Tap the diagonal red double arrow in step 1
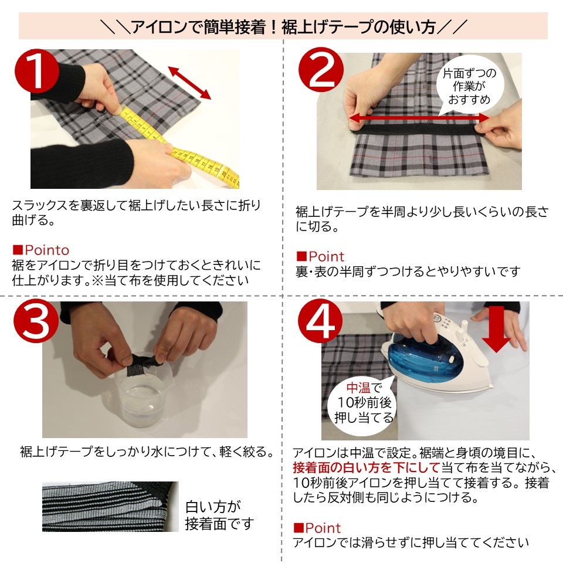pyautogui.click(x=189, y=83)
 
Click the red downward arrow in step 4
pyautogui.click(x=498, y=331)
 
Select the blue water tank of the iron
pyautogui.click(x=419, y=355)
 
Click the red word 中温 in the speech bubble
pyautogui.click(x=358, y=388)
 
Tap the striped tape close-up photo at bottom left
pyautogui.click(x=110, y=507)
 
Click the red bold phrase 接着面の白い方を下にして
pyautogui.click(x=366, y=467)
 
